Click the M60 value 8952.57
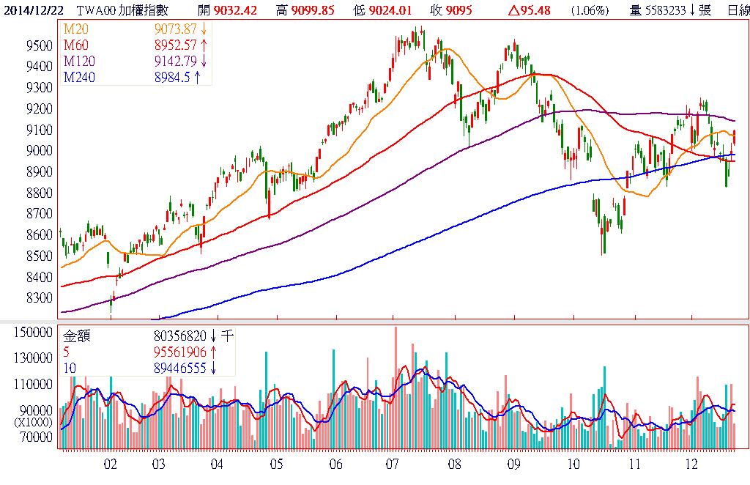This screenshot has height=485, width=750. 174,44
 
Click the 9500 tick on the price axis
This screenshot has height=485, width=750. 38,45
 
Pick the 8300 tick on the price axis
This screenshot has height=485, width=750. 38,298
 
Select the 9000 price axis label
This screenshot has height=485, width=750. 38,151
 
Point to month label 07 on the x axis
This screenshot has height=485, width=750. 393,464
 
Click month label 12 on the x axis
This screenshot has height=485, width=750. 691,464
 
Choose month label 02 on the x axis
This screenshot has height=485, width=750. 111,464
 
